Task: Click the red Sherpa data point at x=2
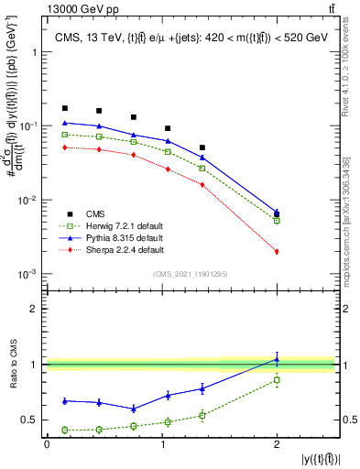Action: tap(277, 251)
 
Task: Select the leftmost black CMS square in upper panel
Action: tap(64, 108)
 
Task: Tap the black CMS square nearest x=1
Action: tap(168, 128)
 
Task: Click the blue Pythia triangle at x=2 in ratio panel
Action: tap(277, 359)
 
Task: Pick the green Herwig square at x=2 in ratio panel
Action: tap(277, 379)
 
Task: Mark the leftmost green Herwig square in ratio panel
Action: tap(64, 430)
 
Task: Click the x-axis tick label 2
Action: tap(277, 444)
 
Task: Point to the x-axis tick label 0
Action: tap(47, 444)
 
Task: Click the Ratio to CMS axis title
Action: tap(13, 365)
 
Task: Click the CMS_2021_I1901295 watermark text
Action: tap(190, 275)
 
